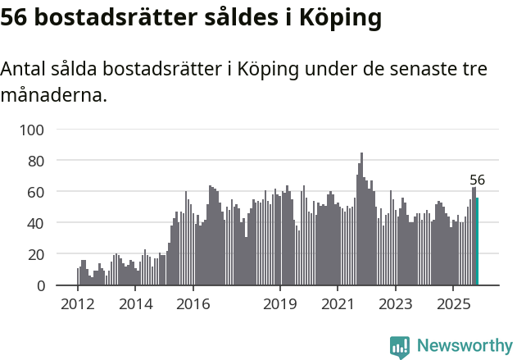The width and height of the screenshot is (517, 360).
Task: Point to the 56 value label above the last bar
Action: pos(477,180)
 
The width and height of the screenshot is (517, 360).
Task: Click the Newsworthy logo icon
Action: pos(400,347)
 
